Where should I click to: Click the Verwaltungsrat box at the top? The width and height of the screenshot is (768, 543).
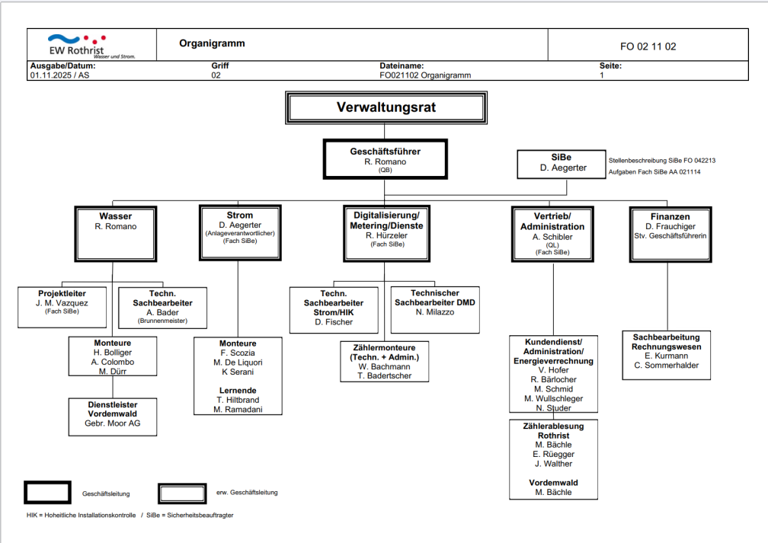pyautogui.click(x=386, y=107)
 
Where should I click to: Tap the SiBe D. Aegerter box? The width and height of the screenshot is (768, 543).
pyautogui.click(x=558, y=163)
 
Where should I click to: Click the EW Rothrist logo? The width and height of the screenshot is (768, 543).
pyautogui.click(x=77, y=45)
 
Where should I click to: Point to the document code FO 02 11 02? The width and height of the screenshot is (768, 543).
pyautogui.click(x=648, y=46)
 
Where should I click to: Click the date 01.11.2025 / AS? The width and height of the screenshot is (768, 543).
pyautogui.click(x=59, y=75)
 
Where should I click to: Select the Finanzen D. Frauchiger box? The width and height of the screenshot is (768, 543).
pyautogui.click(x=670, y=233)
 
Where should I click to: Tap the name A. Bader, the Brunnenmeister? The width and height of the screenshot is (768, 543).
pyautogui.click(x=162, y=312)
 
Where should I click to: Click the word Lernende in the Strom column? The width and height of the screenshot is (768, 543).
pyautogui.click(x=238, y=390)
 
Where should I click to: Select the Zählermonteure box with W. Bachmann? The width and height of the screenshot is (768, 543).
pyautogui.click(x=384, y=361)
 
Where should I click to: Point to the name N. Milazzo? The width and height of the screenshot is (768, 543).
pyautogui.click(x=434, y=312)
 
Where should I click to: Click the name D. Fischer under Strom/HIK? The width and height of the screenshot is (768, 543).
pyautogui.click(x=334, y=322)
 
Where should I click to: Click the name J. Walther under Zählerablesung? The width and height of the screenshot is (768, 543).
pyautogui.click(x=553, y=464)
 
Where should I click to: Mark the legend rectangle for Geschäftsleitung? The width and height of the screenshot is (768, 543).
pyautogui.click(x=47, y=493)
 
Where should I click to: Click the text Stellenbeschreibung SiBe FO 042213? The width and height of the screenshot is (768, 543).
pyautogui.click(x=661, y=161)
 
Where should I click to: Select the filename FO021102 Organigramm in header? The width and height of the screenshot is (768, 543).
pyautogui.click(x=425, y=75)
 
